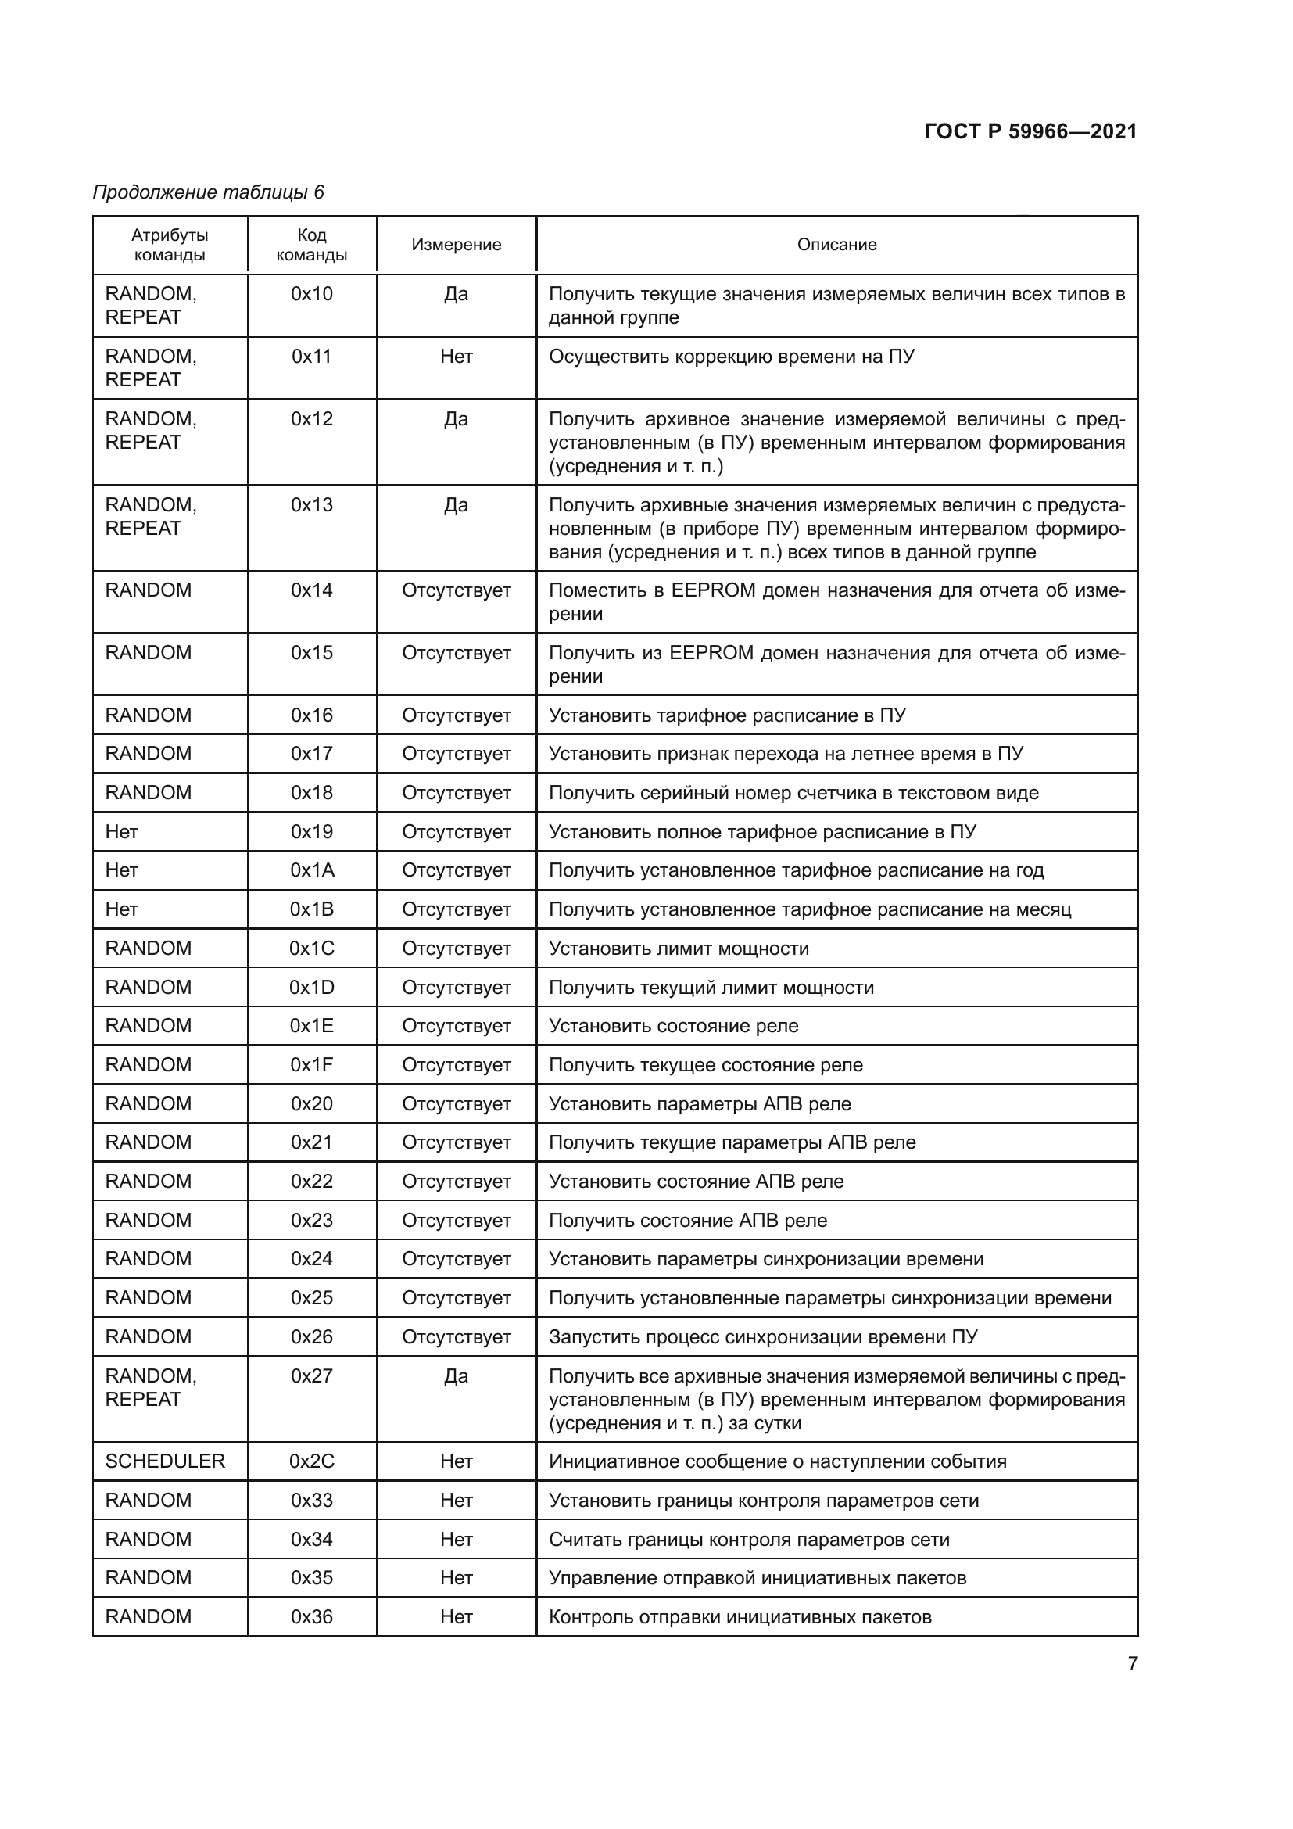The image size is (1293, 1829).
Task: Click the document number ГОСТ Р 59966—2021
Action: pyautogui.click(x=1030, y=131)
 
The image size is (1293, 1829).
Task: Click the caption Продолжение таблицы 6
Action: pyautogui.click(x=209, y=192)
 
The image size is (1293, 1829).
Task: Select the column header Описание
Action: pyautogui.click(x=836, y=245)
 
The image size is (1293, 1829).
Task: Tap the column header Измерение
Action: pyautogui.click(x=457, y=245)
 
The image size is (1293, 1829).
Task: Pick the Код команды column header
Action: pyautogui.click(x=311, y=245)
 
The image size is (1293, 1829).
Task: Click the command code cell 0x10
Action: pyautogui.click(x=311, y=294)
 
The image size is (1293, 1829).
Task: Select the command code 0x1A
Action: pyautogui.click(x=311, y=870)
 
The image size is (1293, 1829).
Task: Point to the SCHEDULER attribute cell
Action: pyautogui.click(x=165, y=1461)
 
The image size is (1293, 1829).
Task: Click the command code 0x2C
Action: pyautogui.click(x=311, y=1461)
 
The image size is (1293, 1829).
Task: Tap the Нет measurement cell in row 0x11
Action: pyautogui.click(x=457, y=356)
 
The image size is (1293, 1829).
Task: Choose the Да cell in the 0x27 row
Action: pyautogui.click(x=457, y=1375)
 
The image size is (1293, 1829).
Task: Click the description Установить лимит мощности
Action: pyautogui.click(x=679, y=948)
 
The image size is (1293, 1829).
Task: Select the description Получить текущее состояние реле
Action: pyautogui.click(x=705, y=1065)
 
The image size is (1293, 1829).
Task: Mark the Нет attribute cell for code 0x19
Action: pyautogui.click(x=122, y=832)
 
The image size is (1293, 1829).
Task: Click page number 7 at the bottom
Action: pyautogui.click(x=1132, y=1663)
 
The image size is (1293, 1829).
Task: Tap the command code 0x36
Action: pyautogui.click(x=311, y=1616)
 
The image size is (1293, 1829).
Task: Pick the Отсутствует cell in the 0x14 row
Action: pyautogui.click(x=457, y=590)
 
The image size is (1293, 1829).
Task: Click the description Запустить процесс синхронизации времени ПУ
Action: pyautogui.click(x=763, y=1336)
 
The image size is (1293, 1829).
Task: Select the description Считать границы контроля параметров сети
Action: pyautogui.click(x=748, y=1539)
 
